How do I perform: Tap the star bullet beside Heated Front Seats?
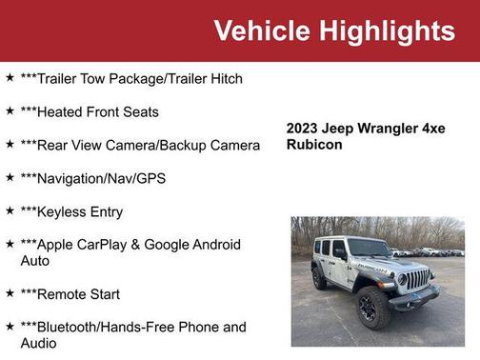10,111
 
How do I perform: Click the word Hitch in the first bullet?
225,79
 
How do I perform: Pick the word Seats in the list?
140,112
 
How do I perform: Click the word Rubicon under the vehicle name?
314,145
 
